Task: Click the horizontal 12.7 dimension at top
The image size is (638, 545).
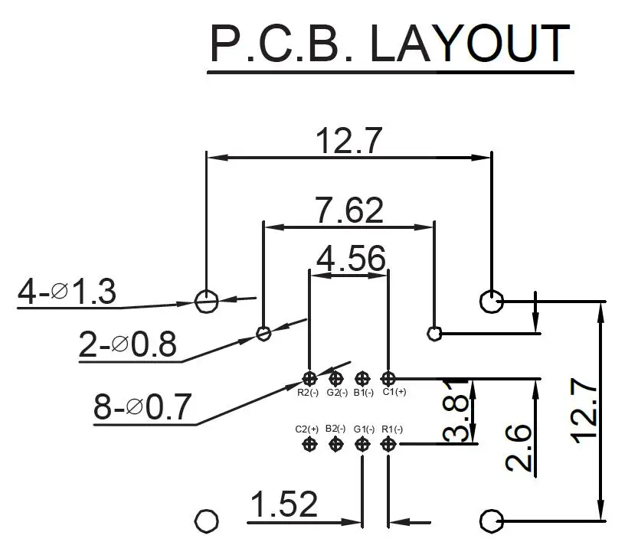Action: tap(348, 141)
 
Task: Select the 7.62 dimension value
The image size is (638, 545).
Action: tap(348, 210)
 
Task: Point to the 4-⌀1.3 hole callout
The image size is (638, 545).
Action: tap(67, 292)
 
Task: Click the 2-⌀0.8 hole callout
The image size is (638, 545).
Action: tap(127, 344)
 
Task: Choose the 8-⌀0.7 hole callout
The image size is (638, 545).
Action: tap(142, 406)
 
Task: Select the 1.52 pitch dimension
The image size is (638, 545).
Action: tap(283, 504)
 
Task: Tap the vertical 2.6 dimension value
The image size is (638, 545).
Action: tap(519, 448)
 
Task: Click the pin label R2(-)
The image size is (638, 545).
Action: tap(308, 393)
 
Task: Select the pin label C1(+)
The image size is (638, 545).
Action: tap(394, 393)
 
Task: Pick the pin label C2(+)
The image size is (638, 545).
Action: tap(306, 429)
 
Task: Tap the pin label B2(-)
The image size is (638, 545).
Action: tap(335, 429)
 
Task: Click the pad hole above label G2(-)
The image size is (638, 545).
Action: tap(335, 377)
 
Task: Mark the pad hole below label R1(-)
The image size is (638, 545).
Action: tap(388, 444)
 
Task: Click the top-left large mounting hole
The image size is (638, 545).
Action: tap(205, 301)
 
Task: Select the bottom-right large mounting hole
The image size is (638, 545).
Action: tap(490, 521)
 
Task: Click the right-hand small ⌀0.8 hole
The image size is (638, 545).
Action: tap(434, 333)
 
